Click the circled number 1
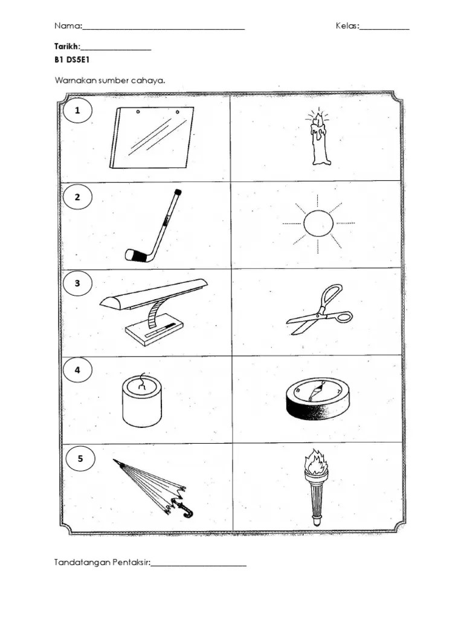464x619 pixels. coord(77,111)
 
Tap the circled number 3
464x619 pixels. coord(77,283)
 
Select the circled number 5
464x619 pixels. coord(80,458)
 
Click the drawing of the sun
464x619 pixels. coord(318,224)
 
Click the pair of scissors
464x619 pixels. coord(320,310)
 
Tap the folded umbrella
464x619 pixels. coord(154,488)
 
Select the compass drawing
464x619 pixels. coord(318,399)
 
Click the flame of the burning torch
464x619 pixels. coord(317,462)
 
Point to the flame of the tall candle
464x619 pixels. coord(318,118)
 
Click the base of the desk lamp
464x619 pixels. coord(155,330)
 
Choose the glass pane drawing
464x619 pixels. coord(152,137)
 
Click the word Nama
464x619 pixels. coord(68,26)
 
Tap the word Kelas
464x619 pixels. coord(347,26)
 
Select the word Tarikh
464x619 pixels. coord(66,47)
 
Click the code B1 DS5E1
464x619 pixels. coord(72,60)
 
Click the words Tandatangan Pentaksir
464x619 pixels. coord(101,562)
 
